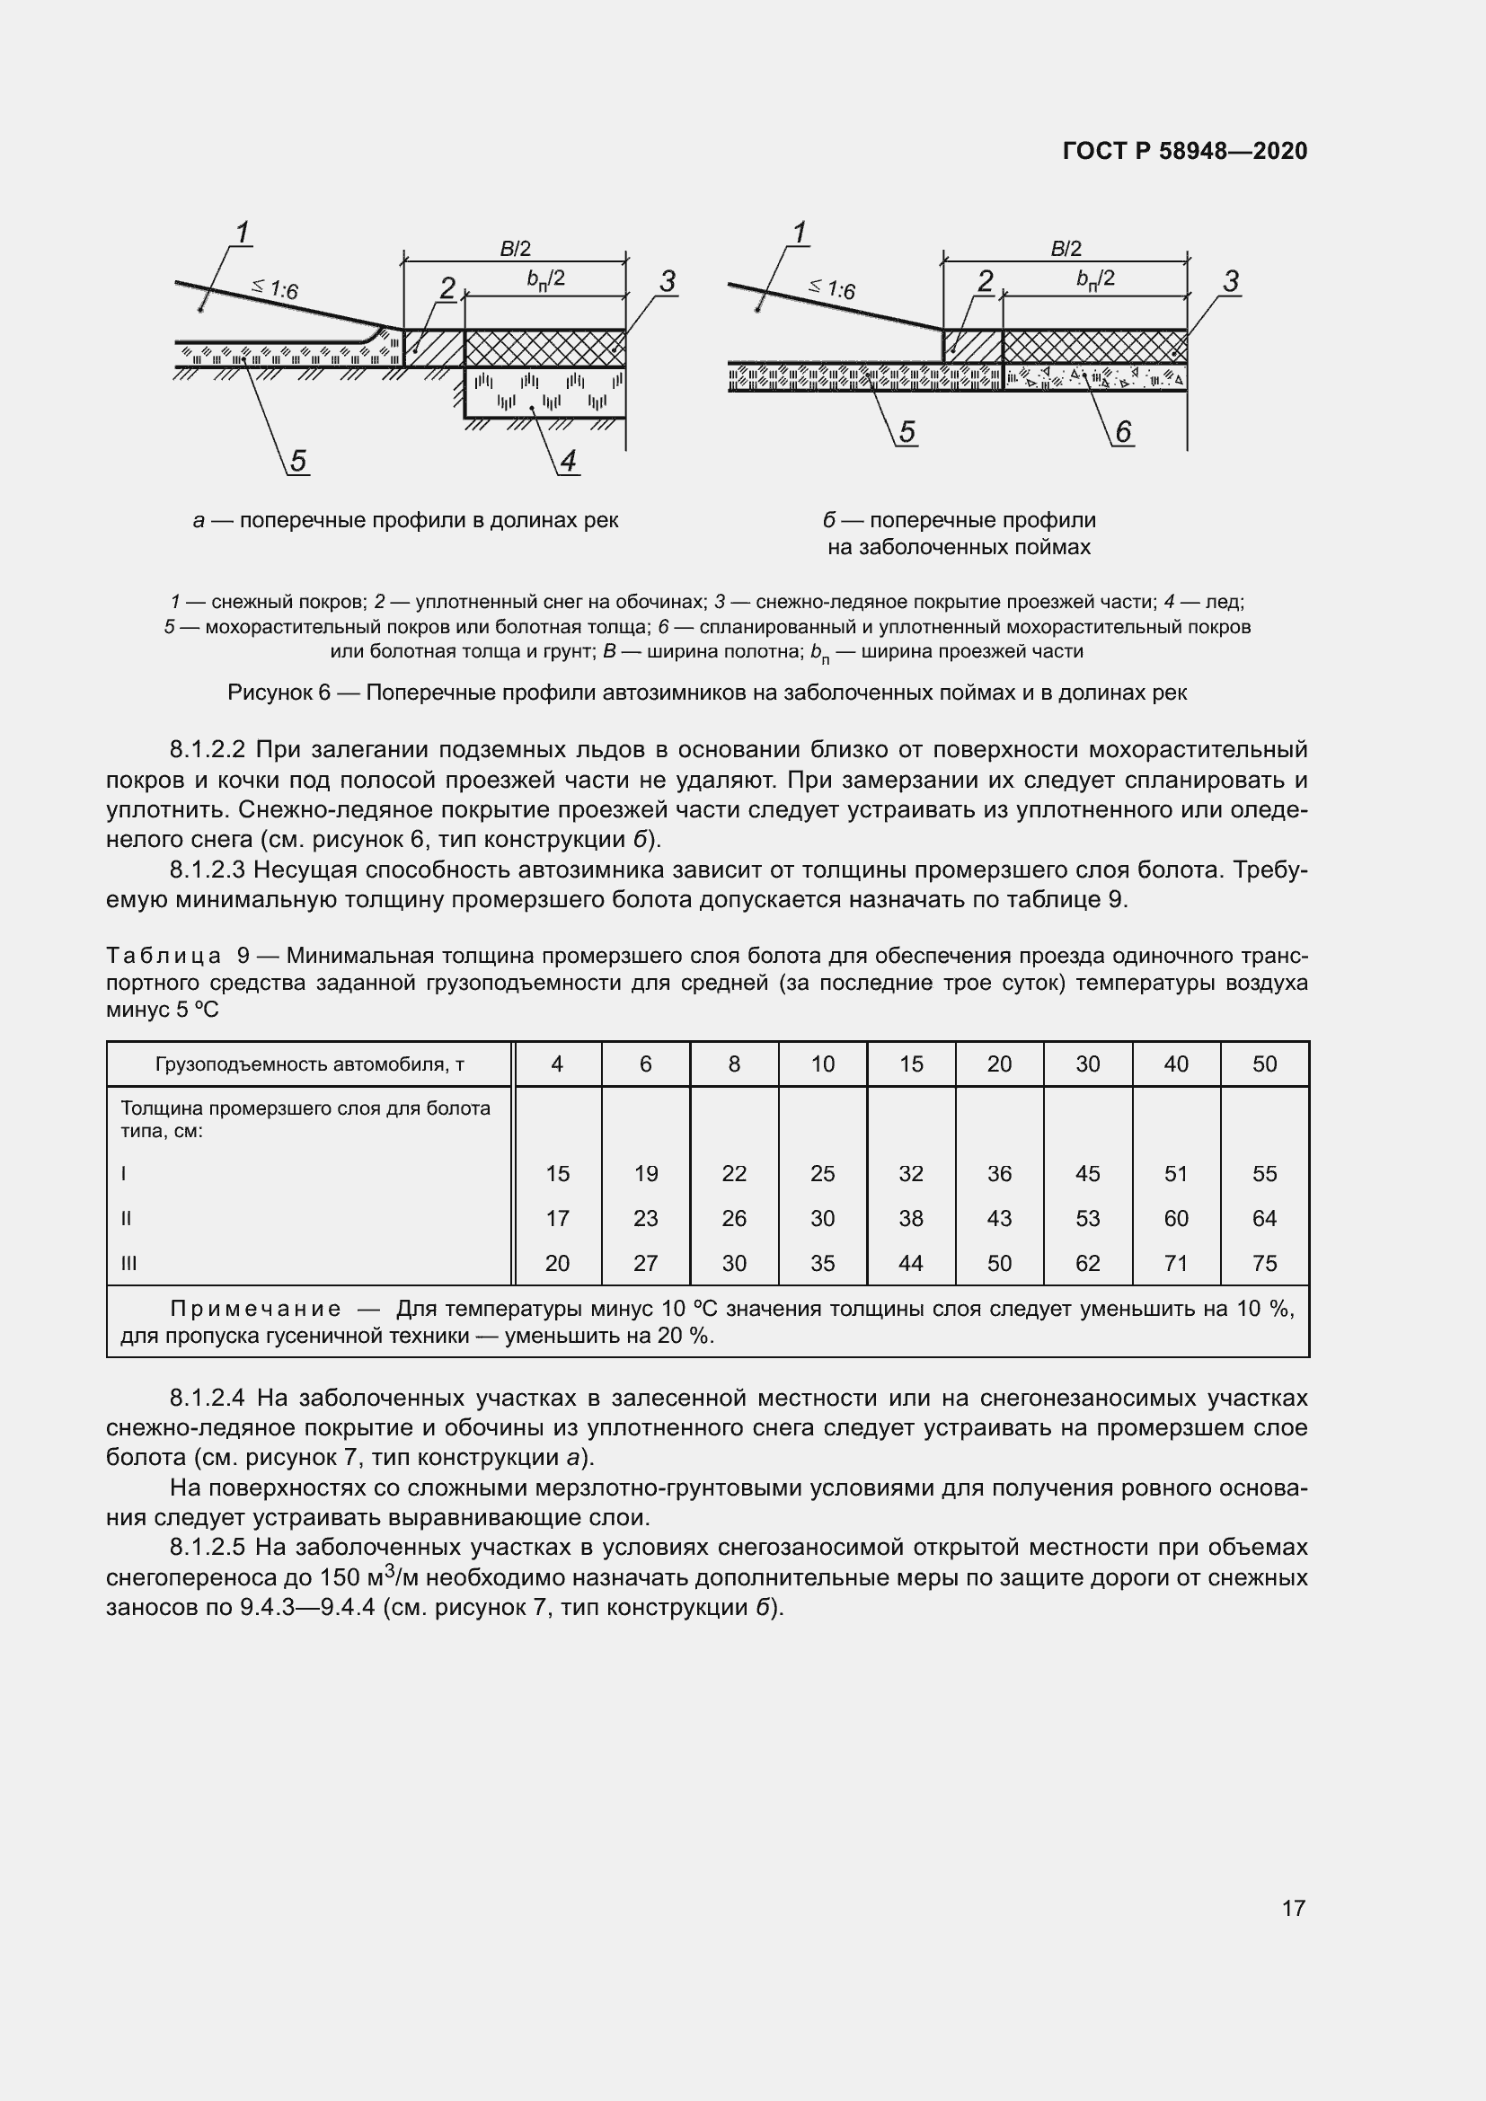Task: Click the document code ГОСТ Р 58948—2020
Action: [1185, 151]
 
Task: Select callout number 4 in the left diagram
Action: [568, 461]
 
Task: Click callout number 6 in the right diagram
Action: [1123, 431]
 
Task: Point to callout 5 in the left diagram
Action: [298, 461]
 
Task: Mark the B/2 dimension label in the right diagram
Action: [1066, 248]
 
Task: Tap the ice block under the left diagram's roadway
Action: [544, 393]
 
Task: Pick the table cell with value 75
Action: [1265, 1264]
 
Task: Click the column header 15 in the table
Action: [910, 1064]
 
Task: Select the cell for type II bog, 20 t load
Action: [999, 1219]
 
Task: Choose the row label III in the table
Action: [128, 1264]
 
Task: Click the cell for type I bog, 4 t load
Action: [557, 1174]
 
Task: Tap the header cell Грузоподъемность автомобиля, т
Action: [309, 1064]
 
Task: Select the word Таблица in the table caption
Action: [164, 957]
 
